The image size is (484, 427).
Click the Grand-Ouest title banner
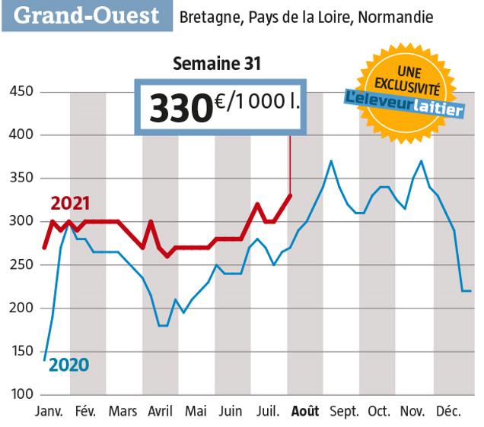86,16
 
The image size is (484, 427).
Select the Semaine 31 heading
217,64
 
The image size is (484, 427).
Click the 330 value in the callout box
180,107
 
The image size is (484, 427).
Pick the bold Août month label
306,412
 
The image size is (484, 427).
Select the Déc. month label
449,412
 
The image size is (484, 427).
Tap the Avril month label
160,412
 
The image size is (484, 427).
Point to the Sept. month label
345,412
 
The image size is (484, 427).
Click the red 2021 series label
71,204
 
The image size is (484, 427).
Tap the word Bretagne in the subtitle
207,16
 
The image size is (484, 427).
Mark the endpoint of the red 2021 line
290,195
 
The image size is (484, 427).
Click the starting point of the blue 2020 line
44,359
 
